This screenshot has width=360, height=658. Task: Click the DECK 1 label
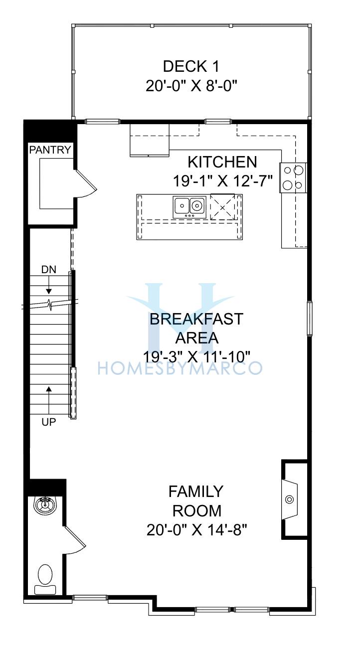[x=191, y=66]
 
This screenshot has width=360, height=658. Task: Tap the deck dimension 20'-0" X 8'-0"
[x=191, y=86]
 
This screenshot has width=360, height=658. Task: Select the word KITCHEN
[x=222, y=162]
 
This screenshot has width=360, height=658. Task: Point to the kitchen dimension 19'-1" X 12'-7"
[x=223, y=181]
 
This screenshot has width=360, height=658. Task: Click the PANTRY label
[x=50, y=150]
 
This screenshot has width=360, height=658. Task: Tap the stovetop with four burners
[x=293, y=178]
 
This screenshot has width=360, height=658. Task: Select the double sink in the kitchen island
[x=189, y=206]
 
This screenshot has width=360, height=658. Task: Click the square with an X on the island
[x=222, y=206]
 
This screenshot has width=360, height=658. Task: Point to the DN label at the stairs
[x=49, y=269]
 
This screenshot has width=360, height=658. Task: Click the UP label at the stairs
[x=49, y=422]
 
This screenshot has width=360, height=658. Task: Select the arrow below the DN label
[x=49, y=285]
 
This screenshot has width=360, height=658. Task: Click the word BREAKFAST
[x=196, y=319]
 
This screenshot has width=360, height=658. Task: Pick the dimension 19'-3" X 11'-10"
[x=196, y=357]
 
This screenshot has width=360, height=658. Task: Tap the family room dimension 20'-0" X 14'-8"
[x=196, y=530]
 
